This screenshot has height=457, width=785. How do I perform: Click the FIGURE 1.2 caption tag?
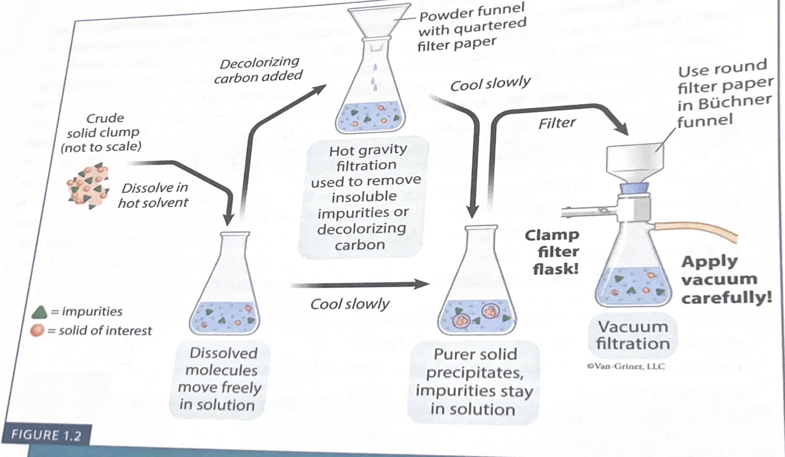tap(46, 435)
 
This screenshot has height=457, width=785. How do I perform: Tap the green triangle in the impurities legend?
tap(39, 312)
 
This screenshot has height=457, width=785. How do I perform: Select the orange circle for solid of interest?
tap(37, 331)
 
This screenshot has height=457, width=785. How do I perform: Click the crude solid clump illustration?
tap(88, 185)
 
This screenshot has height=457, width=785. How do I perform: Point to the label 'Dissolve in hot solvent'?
tap(154, 195)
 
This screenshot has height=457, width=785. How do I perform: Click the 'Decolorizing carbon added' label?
tap(259, 70)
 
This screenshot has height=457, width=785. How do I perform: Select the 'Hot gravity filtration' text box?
tap(364, 197)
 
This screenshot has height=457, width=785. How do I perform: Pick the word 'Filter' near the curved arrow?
tap(557, 123)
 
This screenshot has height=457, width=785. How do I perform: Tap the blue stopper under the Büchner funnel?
tap(634, 188)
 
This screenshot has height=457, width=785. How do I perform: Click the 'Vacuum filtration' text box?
tap(633, 335)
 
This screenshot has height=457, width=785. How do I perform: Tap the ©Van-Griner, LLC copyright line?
tap(625, 366)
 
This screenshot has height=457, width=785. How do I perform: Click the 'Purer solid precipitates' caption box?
tap(474, 382)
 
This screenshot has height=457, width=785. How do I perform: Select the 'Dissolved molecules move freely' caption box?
tap(220, 379)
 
